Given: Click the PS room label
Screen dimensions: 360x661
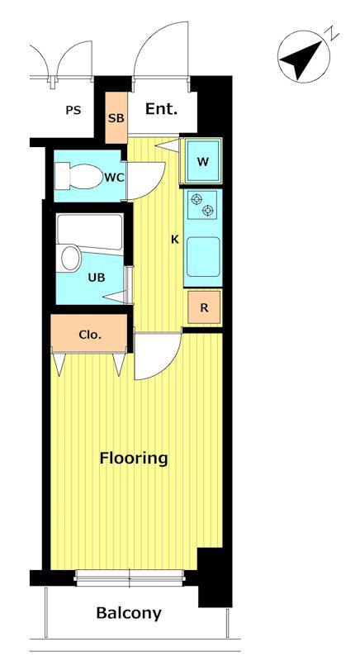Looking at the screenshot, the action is click(73, 111).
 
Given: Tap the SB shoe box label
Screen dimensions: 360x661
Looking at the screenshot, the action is click(116, 118).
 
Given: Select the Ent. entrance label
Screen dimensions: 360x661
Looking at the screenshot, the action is click(161, 109).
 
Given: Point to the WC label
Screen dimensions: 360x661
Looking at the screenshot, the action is click(114, 178).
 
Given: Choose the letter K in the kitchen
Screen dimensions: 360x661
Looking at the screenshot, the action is click(175, 240).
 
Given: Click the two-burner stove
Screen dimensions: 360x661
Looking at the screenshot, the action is click(202, 204).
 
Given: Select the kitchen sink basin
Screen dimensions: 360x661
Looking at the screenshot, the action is click(203, 256).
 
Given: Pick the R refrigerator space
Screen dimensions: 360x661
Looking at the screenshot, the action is click(204, 307).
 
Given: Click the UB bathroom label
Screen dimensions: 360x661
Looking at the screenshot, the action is click(97, 278).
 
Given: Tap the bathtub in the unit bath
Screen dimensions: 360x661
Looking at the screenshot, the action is click(90, 232).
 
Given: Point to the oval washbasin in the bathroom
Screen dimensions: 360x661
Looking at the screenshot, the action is click(71, 258).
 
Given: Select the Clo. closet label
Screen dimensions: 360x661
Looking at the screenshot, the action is click(90, 335).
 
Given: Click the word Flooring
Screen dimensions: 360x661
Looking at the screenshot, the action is click(134, 459).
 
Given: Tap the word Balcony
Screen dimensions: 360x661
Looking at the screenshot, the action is click(129, 613).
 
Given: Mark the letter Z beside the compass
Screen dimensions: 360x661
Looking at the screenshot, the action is click(334, 32).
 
